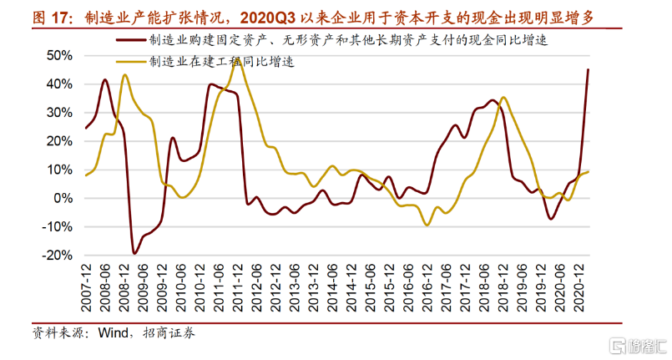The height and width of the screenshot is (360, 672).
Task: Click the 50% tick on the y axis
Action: [61, 56]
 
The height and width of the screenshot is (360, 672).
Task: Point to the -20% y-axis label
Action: [59, 256]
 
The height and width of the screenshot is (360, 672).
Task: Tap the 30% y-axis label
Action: [61, 113]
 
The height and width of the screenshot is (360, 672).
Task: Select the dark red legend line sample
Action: [129, 39]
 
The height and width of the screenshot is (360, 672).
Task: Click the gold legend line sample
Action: [129, 61]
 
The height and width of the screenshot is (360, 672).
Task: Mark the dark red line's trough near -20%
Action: [135, 253]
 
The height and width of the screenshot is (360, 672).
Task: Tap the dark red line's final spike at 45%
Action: [588, 70]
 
